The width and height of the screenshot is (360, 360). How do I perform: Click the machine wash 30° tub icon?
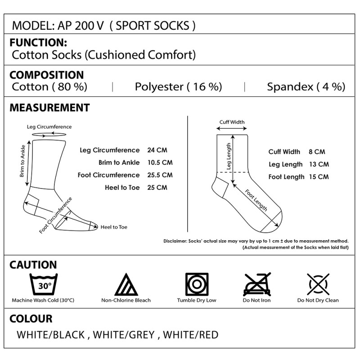point(44,284)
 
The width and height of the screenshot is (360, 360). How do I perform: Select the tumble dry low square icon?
point(197,284)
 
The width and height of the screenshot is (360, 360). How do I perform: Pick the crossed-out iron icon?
point(257,284)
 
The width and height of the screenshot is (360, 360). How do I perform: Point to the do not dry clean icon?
point(318,284)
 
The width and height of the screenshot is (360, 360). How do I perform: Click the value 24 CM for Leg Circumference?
point(157,150)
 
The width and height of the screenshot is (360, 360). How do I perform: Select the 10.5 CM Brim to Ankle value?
point(160,162)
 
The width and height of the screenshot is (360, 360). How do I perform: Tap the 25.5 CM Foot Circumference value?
point(160,175)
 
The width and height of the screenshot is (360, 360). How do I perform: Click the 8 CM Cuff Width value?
point(317,152)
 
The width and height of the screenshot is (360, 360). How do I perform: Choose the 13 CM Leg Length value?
point(319,164)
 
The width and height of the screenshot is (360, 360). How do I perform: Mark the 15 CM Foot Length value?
point(319,177)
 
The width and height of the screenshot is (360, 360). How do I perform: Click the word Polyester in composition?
point(159,87)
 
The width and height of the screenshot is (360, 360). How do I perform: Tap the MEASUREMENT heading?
point(49,108)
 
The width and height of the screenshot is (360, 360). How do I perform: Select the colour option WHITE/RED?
point(190,335)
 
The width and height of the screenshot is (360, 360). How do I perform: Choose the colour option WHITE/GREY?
point(124,335)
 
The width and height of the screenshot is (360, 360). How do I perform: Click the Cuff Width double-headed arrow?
point(232,128)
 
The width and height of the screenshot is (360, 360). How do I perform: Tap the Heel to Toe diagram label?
point(114,227)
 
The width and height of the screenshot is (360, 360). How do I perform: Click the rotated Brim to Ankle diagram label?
point(22,161)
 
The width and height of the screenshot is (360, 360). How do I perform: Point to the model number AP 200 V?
point(81,26)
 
